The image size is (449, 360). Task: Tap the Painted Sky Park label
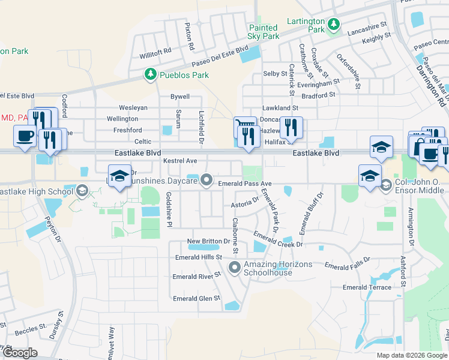coord(264,32)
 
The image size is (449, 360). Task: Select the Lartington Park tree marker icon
coord(334,25)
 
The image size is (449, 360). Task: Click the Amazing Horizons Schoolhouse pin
coord(234,267)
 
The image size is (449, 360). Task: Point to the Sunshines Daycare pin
coord(207,179)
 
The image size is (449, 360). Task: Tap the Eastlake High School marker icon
coord(81,191)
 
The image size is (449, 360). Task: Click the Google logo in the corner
coord(20,353)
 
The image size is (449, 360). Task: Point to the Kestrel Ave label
coord(180,161)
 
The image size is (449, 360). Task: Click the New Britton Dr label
coord(208,241)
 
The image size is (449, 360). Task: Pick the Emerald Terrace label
coord(367,287)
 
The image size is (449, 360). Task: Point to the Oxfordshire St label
coord(348,71)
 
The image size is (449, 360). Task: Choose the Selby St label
coord(275,74)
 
